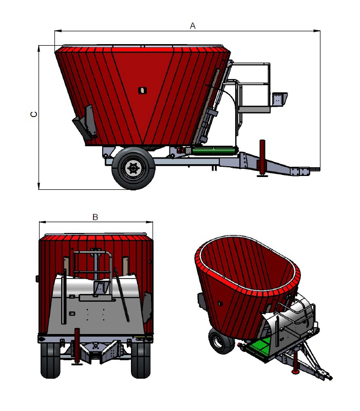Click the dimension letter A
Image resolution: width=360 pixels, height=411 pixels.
(193, 25)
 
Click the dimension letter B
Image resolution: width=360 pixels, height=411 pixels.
(95, 217)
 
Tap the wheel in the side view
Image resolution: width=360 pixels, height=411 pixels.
(133, 167)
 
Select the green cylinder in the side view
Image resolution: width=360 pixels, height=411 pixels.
(215, 150)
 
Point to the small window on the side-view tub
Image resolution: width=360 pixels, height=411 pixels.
(142, 91)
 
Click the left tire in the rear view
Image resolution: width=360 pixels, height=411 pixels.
(50, 359)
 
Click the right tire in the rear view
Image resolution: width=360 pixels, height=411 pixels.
(141, 359)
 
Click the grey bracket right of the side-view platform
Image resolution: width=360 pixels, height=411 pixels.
(279, 99)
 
